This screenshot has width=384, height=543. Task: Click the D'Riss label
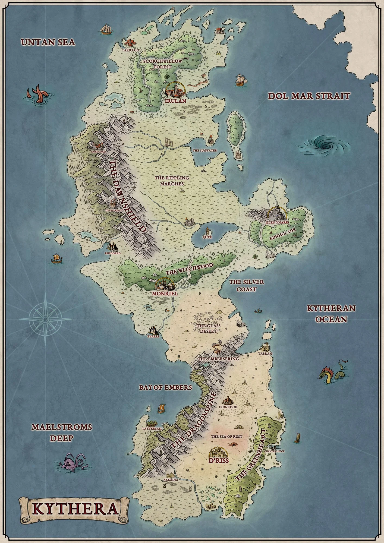[219, 461]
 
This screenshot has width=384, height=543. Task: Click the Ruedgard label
[112, 253]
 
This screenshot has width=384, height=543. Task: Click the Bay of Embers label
[166, 387]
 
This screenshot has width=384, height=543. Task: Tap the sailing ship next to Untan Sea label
[106, 29]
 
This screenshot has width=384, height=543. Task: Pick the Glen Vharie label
[277, 222]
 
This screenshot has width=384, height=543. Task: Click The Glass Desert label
[209, 328]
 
